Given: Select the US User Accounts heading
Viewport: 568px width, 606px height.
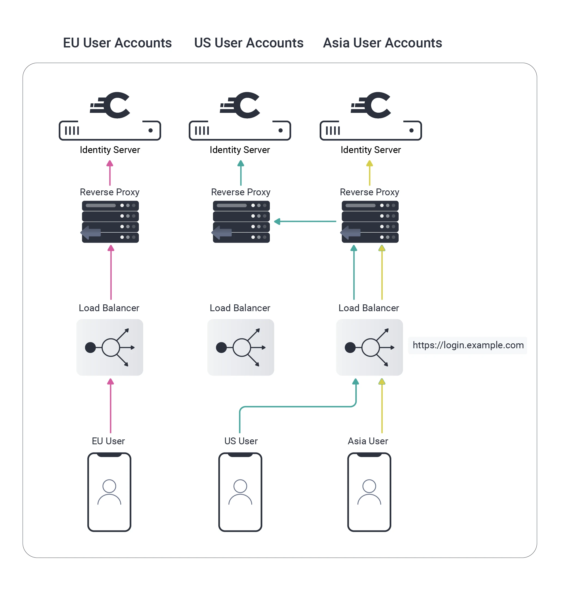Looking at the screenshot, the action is (249, 43).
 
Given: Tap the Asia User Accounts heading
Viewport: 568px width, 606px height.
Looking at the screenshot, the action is (382, 43).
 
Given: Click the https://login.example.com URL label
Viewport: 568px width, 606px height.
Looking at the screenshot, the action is (468, 345).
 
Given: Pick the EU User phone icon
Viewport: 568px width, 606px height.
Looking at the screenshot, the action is (109, 492).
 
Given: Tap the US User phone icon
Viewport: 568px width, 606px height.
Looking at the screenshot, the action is (240, 492).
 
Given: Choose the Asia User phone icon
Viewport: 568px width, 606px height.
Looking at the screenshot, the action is (369, 492).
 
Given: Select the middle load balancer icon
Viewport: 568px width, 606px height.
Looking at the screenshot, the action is (240, 347).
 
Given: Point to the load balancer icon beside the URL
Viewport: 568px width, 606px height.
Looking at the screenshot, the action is (369, 347).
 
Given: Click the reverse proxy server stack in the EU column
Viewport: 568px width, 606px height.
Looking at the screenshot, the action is (110, 222).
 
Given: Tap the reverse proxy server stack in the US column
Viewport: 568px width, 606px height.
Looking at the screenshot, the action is (241, 222).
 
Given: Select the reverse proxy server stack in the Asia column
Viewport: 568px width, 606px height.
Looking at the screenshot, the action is (369, 222).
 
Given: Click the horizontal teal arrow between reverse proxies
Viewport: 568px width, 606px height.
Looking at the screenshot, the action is (305, 221).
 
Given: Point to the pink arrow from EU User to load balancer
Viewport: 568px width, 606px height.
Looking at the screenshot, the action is (111, 406).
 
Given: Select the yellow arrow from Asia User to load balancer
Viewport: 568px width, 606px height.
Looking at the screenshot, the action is (382, 406).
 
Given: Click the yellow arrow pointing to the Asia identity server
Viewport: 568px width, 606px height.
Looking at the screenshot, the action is (369, 173).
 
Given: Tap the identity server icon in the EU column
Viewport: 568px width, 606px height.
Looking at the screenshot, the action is (110, 116).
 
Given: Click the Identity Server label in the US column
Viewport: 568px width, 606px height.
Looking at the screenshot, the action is (240, 150).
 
